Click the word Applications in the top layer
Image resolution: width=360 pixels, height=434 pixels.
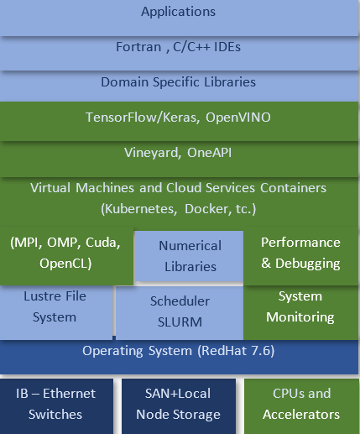pyautogui.click(x=178, y=12)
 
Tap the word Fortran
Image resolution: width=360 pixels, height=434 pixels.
pyautogui.click(x=138, y=47)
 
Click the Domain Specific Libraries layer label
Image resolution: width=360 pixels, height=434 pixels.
pyautogui.click(x=178, y=82)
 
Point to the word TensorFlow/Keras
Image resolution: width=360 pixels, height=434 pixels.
pyautogui.click(x=143, y=118)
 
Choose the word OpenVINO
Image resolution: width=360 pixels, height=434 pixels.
pyautogui.click(x=238, y=118)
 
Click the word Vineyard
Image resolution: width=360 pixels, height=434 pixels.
pyautogui.click(x=151, y=153)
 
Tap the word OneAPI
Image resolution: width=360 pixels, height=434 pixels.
pyautogui.click(x=209, y=153)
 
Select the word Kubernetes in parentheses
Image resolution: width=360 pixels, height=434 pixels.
pyautogui.click(x=139, y=209)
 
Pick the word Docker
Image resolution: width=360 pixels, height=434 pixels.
pyautogui.click(x=206, y=209)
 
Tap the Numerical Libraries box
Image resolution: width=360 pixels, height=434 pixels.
pyautogui.click(x=189, y=256)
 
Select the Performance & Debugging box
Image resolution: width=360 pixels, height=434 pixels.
pyautogui.click(x=301, y=255)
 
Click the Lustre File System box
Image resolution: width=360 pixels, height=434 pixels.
pyautogui.click(x=56, y=312)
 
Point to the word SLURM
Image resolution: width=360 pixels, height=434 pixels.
pyautogui.click(x=180, y=322)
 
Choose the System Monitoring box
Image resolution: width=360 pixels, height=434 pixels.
pyautogui.click(x=301, y=312)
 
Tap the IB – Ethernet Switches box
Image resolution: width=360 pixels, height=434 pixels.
pyautogui.click(x=56, y=406)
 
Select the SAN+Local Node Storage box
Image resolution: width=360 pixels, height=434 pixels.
pyautogui.click(x=179, y=406)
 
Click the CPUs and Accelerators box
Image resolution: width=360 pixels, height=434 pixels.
pyautogui.click(x=302, y=406)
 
